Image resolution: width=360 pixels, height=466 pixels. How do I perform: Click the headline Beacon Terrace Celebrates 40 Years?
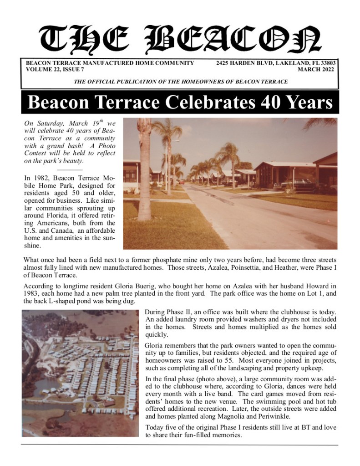pos(180,102)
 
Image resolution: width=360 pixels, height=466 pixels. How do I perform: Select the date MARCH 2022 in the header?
pos(316,70)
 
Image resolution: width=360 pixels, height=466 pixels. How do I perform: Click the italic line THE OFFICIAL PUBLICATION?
pos(180,82)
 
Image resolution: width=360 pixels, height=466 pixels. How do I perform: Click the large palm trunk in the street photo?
pos(144,173)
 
